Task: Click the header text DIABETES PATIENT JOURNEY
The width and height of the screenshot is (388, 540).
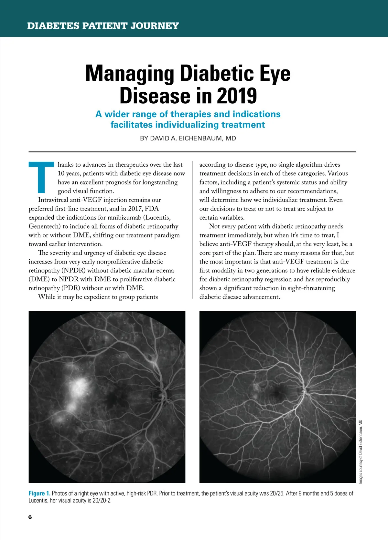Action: click(103, 26)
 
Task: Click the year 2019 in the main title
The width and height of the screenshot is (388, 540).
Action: click(237, 96)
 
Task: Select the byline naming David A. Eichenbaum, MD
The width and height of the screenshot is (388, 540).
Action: click(188, 138)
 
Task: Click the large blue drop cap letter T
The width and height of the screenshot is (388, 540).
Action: click(41, 177)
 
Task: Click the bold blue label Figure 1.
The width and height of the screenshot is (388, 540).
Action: click(39, 493)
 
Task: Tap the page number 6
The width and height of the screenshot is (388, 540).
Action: click(30, 517)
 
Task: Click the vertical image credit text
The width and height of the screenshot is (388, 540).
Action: click(361, 451)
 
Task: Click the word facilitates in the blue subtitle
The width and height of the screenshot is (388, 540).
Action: click(132, 125)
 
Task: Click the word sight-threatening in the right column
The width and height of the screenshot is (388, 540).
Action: click(311, 288)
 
